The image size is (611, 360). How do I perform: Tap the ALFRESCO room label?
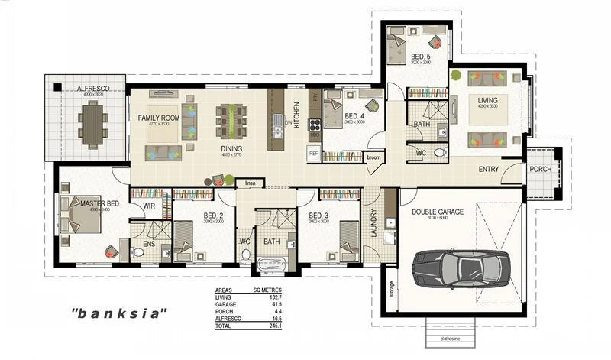(x=92, y=89)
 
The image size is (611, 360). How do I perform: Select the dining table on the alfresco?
(x=93, y=123)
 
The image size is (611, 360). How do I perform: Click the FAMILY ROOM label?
(x=158, y=118)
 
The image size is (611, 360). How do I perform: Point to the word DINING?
(x=232, y=149)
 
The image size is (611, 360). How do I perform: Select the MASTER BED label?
(x=99, y=203)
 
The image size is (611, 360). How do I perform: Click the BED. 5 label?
(x=421, y=57)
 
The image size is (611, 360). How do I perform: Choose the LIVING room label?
(x=488, y=101)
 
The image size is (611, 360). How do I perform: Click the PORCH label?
(x=540, y=169)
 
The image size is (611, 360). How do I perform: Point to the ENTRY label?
(x=489, y=169)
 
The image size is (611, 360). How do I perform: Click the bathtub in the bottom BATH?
(x=271, y=266)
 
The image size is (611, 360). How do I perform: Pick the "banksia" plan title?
(x=118, y=313)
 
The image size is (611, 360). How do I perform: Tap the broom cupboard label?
(x=373, y=157)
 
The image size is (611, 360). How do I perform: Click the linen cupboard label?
(x=250, y=183)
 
